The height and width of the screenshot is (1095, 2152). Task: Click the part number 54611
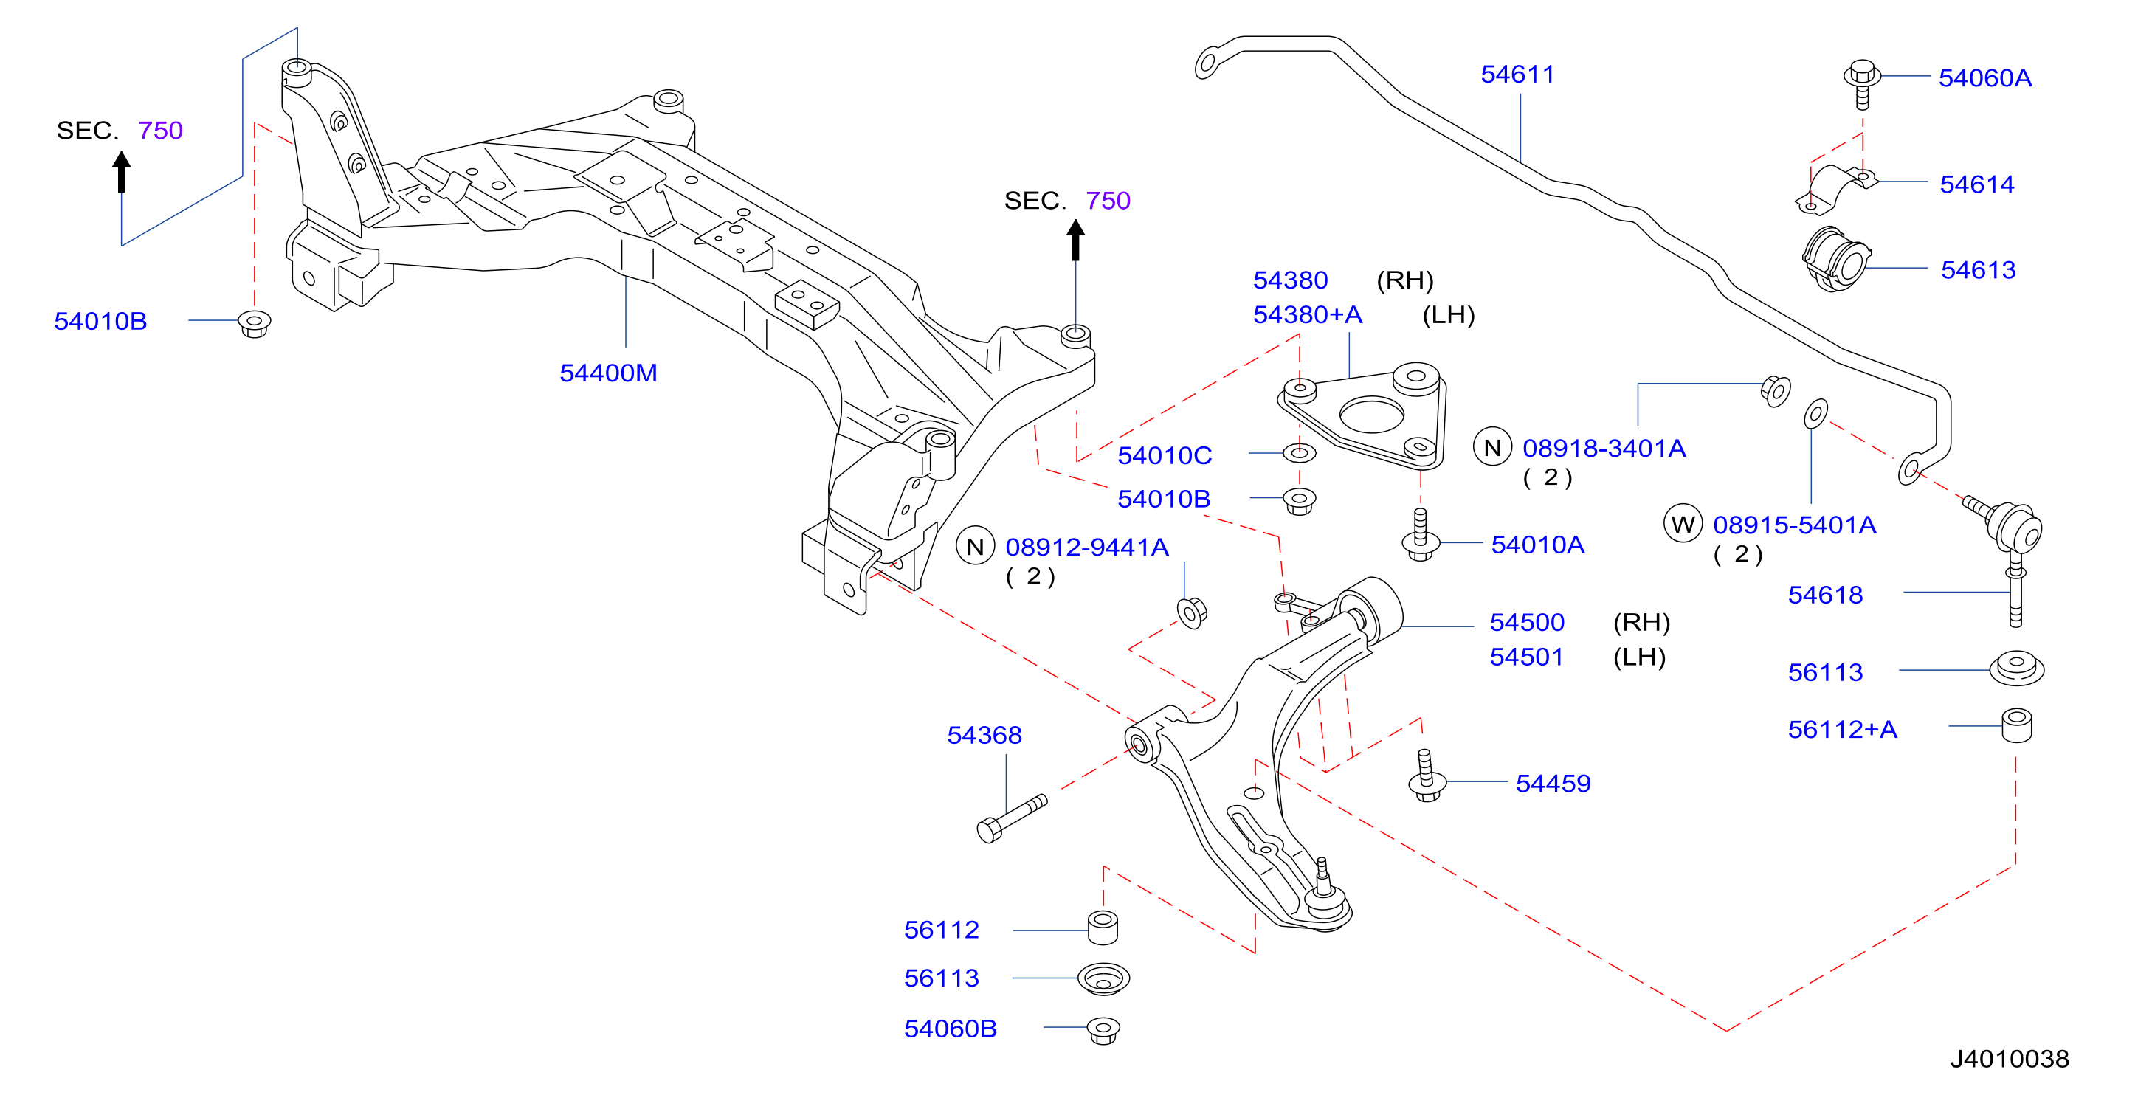tap(1517, 75)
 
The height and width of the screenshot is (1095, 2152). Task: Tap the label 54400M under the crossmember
tap(608, 373)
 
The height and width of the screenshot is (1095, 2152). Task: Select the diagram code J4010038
tap(2009, 1058)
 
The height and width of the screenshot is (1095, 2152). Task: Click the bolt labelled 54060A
tap(1862, 83)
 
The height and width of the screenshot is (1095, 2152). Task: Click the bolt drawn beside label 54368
tap(1011, 818)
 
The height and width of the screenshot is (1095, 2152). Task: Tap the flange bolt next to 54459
tap(1427, 776)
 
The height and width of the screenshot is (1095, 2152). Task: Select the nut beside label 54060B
tap(1103, 1030)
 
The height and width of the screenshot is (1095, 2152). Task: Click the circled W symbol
tap(1683, 525)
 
